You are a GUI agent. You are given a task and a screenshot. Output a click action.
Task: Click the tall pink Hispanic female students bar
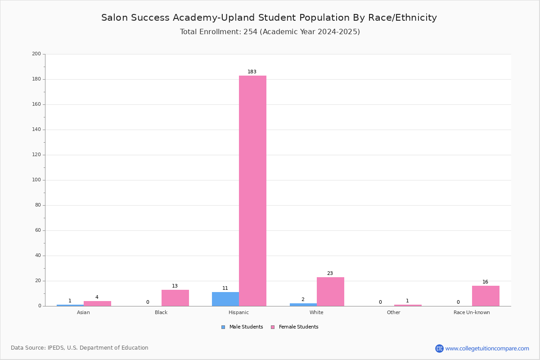252,191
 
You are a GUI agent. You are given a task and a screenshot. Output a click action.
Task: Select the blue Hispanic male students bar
225,299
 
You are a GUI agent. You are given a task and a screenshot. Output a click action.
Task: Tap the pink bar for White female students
330,292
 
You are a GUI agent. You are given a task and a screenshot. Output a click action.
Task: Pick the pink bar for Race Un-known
486,296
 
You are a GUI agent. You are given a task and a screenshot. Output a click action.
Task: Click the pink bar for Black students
175,298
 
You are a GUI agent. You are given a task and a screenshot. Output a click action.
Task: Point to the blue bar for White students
303,305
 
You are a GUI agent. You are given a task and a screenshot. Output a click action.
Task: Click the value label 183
252,72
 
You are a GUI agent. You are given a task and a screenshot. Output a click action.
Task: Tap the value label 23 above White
330,273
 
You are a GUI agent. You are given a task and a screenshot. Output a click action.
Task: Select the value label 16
485,282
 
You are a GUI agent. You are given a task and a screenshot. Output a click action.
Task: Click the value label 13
175,286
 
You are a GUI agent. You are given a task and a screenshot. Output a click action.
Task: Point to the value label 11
225,288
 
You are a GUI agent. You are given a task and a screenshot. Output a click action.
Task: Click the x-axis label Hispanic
238,312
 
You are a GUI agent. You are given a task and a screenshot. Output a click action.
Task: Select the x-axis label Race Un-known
472,312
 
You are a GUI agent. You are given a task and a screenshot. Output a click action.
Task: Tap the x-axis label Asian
83,312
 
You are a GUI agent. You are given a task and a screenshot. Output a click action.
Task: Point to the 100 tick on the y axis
36,180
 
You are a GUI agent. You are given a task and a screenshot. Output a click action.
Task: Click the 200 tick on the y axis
36,54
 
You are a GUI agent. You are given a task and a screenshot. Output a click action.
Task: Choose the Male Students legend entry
242,327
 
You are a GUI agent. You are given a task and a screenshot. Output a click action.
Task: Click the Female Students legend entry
295,327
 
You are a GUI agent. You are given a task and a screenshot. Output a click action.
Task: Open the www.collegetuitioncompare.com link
487,348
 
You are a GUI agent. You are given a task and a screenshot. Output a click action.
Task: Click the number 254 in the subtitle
251,31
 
